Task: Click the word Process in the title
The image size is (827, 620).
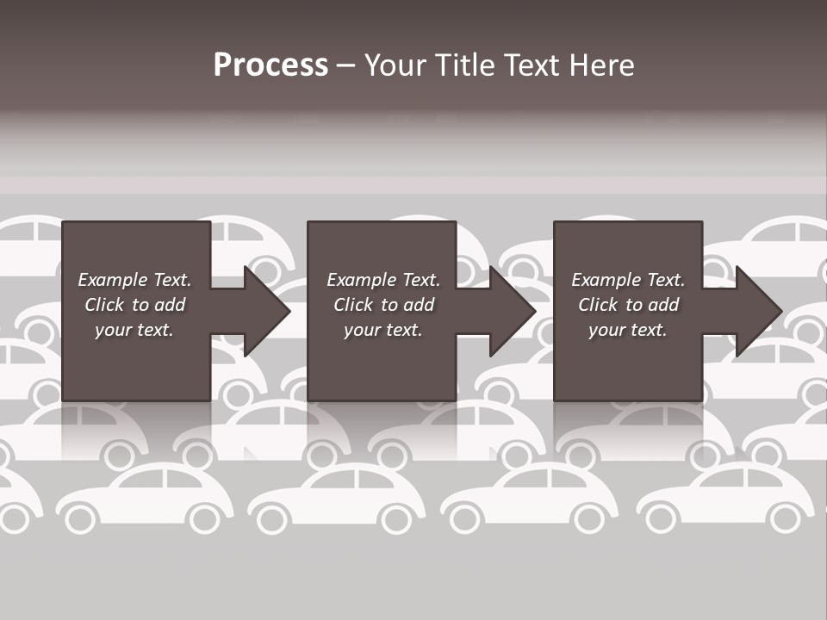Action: tap(270, 65)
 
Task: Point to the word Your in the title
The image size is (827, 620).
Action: tap(396, 65)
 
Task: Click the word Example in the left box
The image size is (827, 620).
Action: tap(113, 280)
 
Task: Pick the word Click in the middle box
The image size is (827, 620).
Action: tap(352, 305)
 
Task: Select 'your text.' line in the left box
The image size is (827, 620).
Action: tap(134, 330)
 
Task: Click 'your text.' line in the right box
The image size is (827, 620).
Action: tap(627, 330)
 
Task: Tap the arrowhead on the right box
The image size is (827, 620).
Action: tap(757, 311)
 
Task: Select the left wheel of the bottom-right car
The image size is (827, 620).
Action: tap(662, 518)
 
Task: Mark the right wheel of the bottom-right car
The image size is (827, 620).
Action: tap(785, 518)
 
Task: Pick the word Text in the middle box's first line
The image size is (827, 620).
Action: tap(420, 280)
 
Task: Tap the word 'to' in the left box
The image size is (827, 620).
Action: tap(141, 305)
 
